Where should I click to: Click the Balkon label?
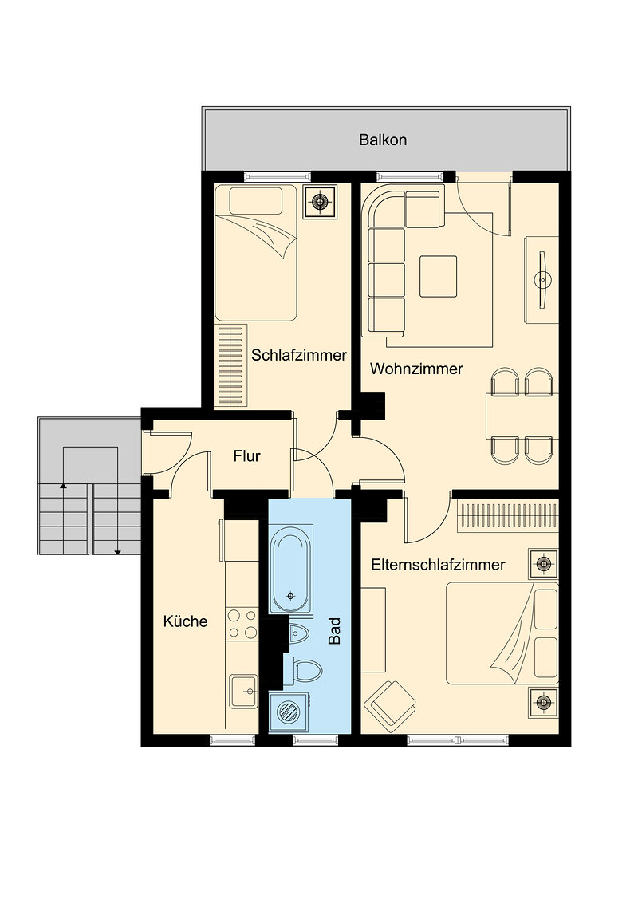(x=383, y=140)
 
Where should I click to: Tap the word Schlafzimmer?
(x=299, y=355)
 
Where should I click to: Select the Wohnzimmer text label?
(x=416, y=369)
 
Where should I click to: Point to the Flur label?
(x=247, y=456)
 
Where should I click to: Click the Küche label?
(x=185, y=621)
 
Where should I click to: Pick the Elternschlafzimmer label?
(x=438, y=565)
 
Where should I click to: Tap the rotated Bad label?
(x=334, y=631)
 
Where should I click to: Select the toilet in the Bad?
(x=304, y=670)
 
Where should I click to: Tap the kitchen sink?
(x=244, y=691)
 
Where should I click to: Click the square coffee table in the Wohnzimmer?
(x=438, y=277)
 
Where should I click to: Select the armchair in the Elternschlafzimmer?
(x=390, y=705)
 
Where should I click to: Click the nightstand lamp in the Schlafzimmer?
(x=320, y=202)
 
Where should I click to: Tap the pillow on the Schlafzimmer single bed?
(x=256, y=201)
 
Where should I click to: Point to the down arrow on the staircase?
(x=117, y=519)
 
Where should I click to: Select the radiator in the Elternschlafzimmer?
(x=507, y=515)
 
